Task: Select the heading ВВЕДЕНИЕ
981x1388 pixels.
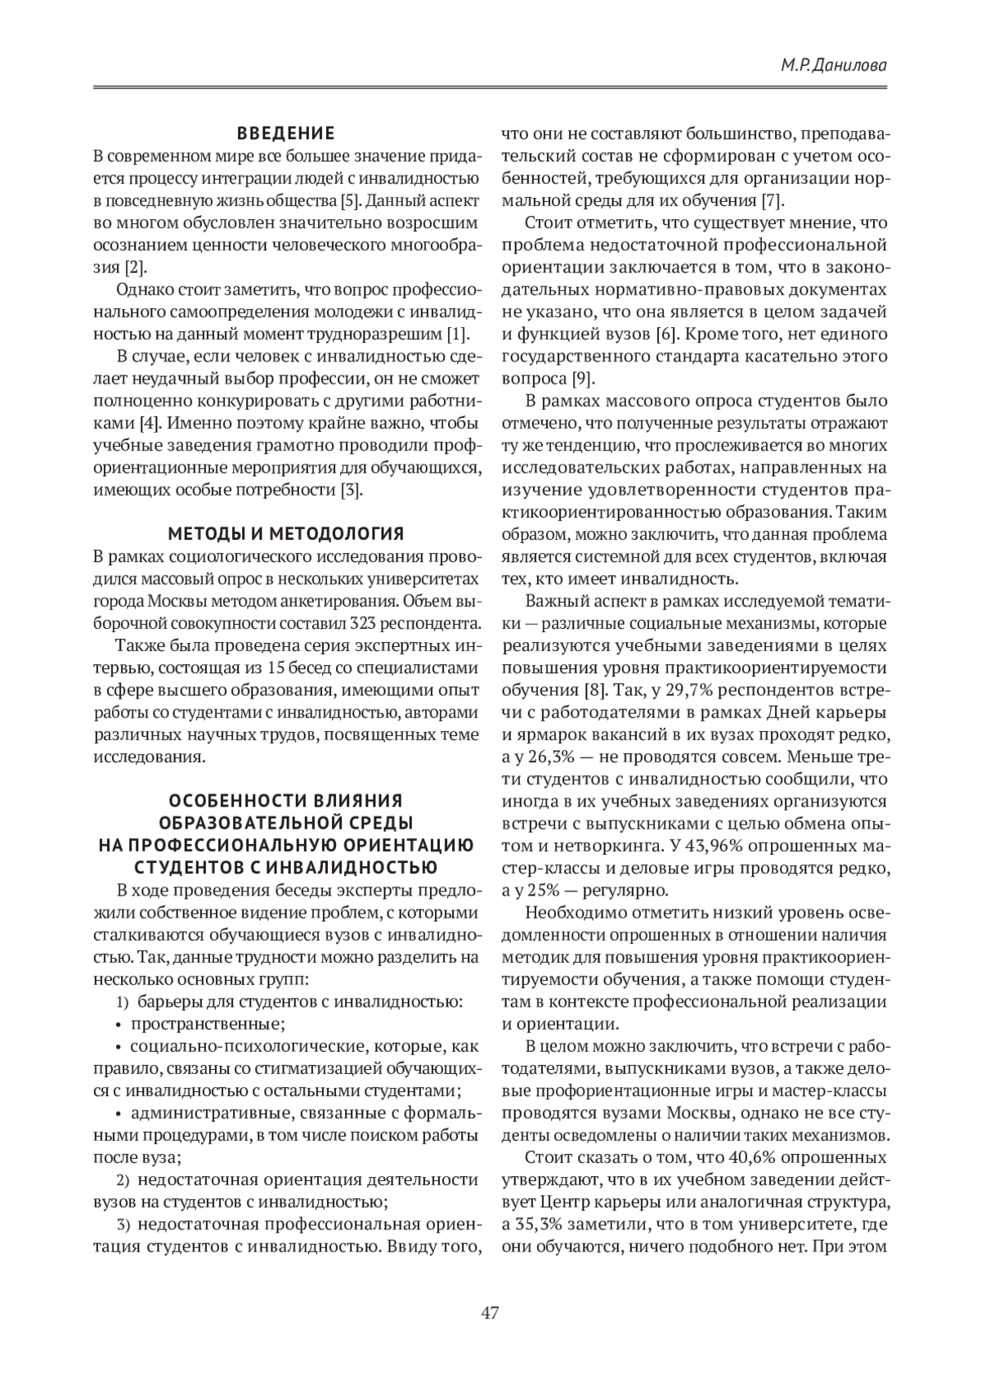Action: click(x=285, y=133)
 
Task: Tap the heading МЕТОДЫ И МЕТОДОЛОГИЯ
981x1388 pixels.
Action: click(x=285, y=534)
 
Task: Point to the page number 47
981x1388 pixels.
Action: click(x=490, y=1313)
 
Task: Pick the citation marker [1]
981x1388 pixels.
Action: click(x=456, y=334)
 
